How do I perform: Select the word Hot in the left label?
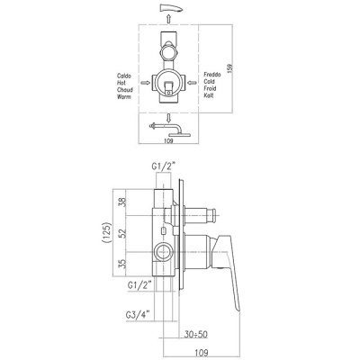click(124, 83)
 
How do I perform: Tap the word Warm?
click(126, 96)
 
